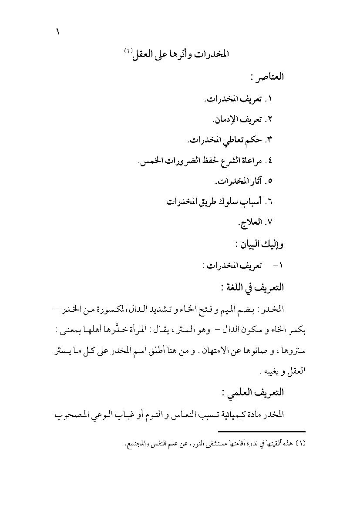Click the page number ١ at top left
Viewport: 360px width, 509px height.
[x=57, y=32]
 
